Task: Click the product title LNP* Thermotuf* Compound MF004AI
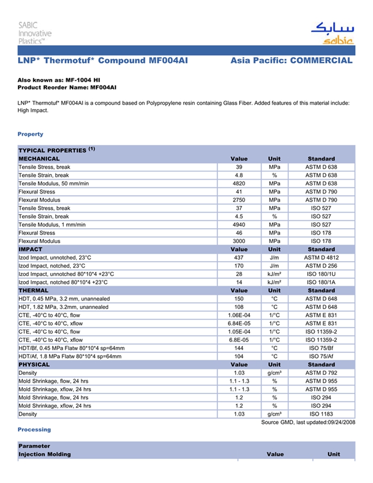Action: pyautogui.click(x=103, y=61)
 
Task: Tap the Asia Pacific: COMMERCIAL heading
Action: pyautogui.click(x=291, y=61)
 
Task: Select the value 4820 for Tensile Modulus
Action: pyautogui.click(x=239, y=183)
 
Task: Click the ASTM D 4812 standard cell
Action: pyautogui.click(x=321, y=257)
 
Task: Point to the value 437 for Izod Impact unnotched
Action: pyautogui.click(x=239, y=257)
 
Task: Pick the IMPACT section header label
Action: pyautogui.click(x=30, y=249)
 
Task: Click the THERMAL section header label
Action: pyautogui.click(x=33, y=291)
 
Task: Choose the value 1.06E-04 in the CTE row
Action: pyautogui.click(x=239, y=315)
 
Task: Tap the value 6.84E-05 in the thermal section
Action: pyautogui.click(x=239, y=324)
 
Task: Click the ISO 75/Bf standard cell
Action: pyautogui.click(x=321, y=348)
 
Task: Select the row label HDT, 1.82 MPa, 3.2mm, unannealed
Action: pyautogui.click(x=63, y=307)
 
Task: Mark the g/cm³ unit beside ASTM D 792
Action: pyautogui.click(x=274, y=373)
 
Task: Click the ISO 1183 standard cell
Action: pyautogui.click(x=321, y=414)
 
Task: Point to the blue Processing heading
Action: pyautogui.click(x=34, y=430)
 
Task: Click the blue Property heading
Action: pyautogui.click(x=30, y=134)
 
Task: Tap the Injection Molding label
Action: pyautogui.click(x=44, y=454)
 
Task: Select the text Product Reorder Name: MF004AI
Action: pyautogui.click(x=67, y=87)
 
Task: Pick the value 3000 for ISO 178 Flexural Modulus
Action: pyautogui.click(x=239, y=241)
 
